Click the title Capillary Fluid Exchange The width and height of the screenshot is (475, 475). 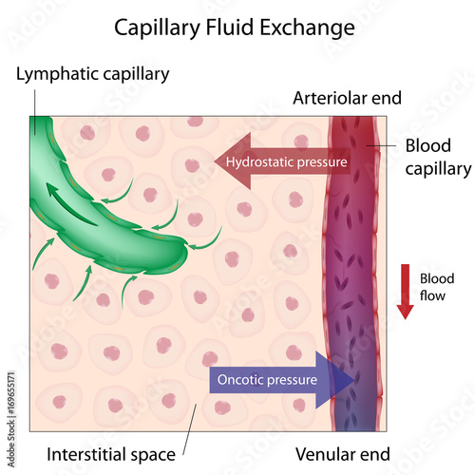point(235,27)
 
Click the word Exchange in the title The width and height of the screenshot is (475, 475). point(309,27)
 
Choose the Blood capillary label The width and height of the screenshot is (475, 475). point(438,158)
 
